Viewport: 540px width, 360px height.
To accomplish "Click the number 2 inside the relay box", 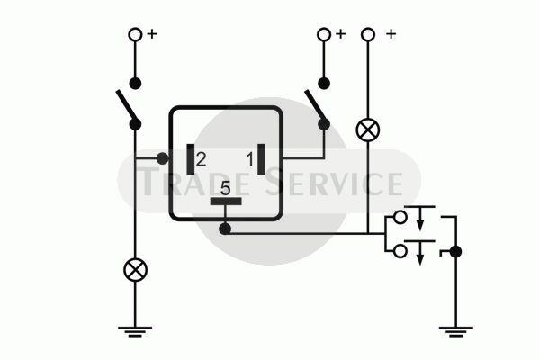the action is coord(201,159).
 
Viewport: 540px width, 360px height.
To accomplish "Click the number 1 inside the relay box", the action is coord(249,159).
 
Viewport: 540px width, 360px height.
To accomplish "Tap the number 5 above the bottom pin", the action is coord(225,188).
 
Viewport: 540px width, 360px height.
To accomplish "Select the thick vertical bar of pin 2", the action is coord(191,159).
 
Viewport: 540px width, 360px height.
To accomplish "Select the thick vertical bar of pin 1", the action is coord(261,159).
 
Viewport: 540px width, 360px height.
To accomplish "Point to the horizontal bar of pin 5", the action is coord(226,202).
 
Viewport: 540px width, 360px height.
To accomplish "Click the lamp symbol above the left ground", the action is coord(135,270).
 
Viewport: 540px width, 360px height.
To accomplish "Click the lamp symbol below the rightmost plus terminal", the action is coord(368,130).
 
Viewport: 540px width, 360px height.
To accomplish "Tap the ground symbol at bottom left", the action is coord(135,331).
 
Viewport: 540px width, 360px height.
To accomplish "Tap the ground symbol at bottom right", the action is coord(456,331).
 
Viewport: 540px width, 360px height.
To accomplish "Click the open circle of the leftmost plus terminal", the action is coord(135,34).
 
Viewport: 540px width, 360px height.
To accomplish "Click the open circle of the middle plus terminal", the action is coord(324,34).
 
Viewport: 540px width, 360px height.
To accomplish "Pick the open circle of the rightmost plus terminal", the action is coord(368,34).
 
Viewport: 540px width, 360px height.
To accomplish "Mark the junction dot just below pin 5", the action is coord(225,229).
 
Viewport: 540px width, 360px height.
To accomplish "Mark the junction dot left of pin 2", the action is coord(163,158).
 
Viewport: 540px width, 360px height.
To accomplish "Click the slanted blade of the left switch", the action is coord(126,105).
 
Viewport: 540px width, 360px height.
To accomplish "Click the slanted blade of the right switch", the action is coord(314,105).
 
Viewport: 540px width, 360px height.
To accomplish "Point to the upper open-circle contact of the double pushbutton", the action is coord(400,218).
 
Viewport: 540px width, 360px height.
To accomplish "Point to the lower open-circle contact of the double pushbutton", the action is coord(400,251).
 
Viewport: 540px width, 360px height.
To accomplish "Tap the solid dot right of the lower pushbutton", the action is coord(455,252).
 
